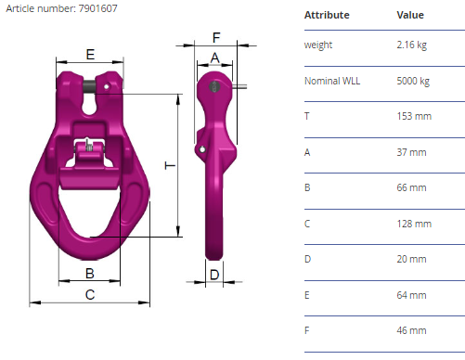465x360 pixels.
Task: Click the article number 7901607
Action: (97, 8)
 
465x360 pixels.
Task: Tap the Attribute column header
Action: (327, 15)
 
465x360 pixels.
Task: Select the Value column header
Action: (410, 15)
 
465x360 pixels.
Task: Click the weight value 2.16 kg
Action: (412, 45)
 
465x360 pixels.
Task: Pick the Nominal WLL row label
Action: (332, 81)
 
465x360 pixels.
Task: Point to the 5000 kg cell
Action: (413, 81)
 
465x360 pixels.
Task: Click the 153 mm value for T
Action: (414, 116)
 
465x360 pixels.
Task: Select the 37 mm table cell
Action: (411, 152)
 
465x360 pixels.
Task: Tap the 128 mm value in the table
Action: (414, 224)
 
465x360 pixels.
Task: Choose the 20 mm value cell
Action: (411, 259)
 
